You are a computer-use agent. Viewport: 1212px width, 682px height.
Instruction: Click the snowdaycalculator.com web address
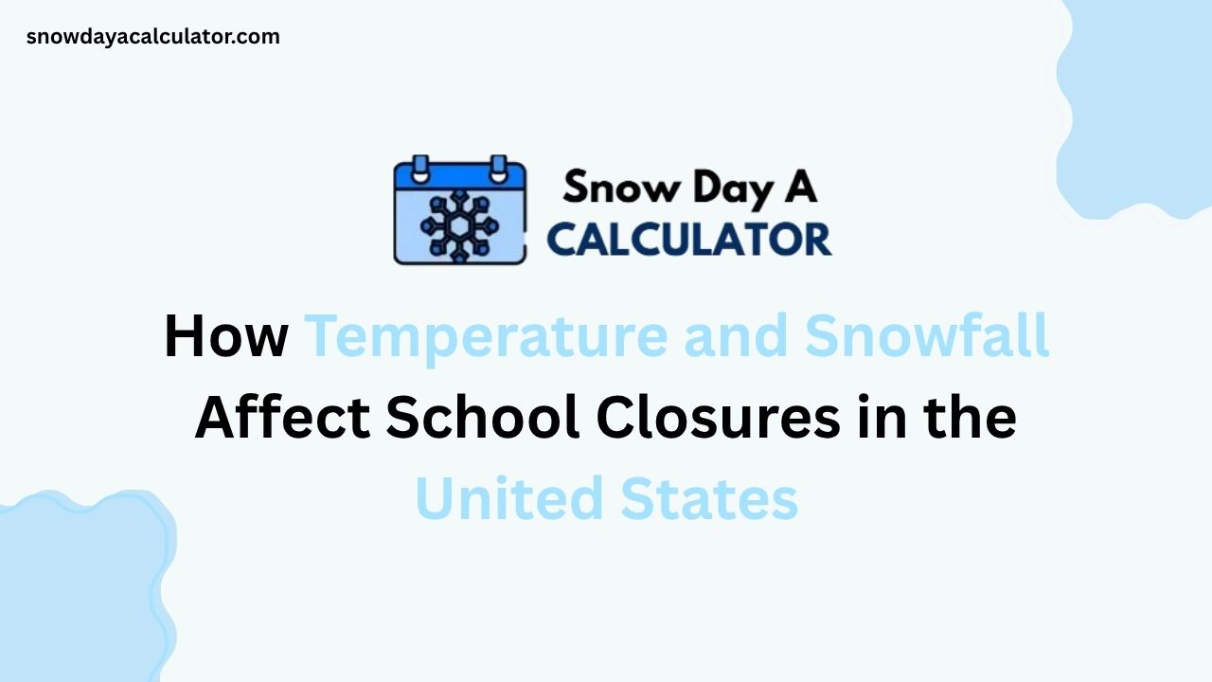[153, 37]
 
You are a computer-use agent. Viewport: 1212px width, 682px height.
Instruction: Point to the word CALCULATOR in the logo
[689, 239]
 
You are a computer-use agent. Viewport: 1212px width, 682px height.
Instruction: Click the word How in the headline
[225, 336]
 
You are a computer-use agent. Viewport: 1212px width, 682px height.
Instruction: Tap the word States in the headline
[710, 499]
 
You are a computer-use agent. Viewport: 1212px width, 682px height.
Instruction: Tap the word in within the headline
[884, 418]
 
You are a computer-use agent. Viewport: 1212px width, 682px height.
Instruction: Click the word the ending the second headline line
[975, 418]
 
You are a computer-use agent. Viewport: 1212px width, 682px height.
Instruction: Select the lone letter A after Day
[801, 188]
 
